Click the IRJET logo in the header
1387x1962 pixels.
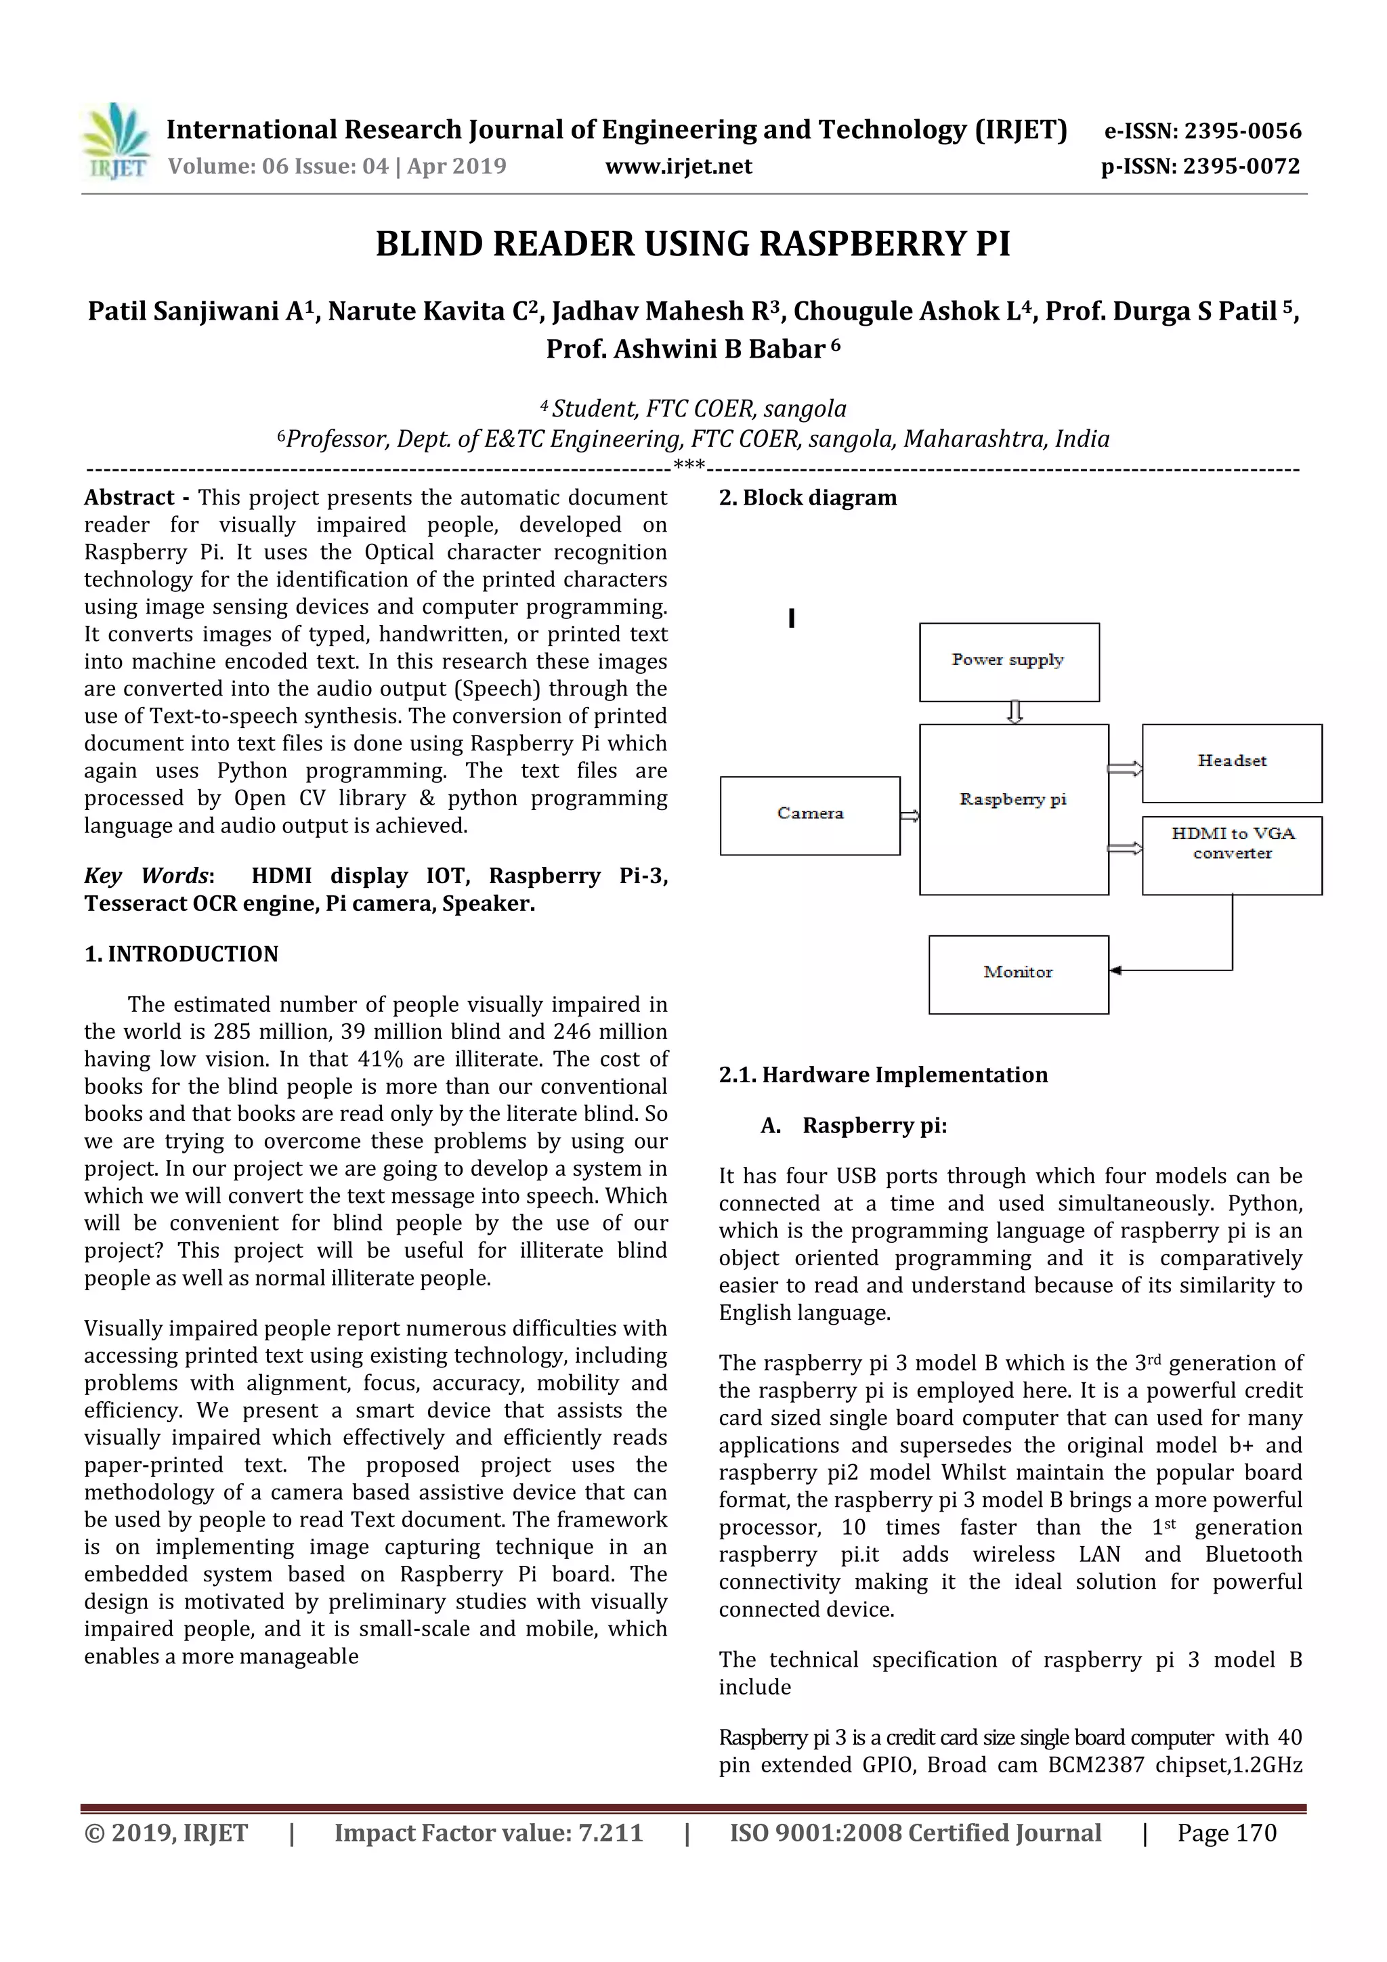click(x=117, y=142)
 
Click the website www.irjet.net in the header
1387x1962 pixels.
click(x=679, y=167)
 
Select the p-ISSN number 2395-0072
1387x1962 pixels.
click(x=1241, y=167)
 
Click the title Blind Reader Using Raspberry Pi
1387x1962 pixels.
click(x=693, y=244)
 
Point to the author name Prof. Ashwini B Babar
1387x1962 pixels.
click(x=685, y=349)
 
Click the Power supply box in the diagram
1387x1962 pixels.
click(x=1009, y=662)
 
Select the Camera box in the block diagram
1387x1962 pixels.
click(x=810, y=815)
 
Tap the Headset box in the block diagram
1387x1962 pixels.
click(x=1231, y=763)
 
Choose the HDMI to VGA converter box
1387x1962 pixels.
click(x=1231, y=855)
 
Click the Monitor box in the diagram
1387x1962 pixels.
click(x=1019, y=974)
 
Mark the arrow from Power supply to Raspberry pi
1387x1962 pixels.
click(x=1015, y=712)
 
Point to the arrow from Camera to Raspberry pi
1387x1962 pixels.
click(x=910, y=816)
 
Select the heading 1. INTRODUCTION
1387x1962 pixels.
click(x=182, y=954)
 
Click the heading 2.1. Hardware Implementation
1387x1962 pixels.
click(x=883, y=1075)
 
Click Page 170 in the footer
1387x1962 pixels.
click(x=1226, y=1833)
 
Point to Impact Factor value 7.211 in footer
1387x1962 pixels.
click(x=488, y=1833)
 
